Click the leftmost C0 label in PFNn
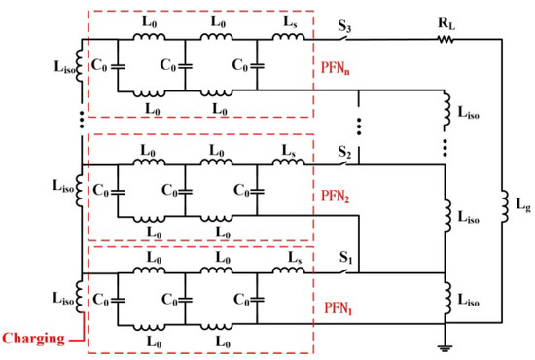[x=99, y=68]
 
